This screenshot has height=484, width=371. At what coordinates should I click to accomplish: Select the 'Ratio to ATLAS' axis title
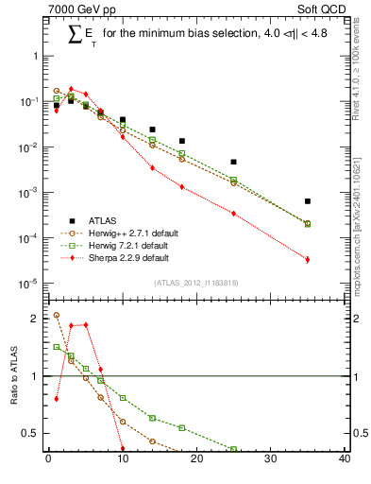[x=14, y=376]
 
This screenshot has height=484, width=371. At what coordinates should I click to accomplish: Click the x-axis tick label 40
[x=345, y=460]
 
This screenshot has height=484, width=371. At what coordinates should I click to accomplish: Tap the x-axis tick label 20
[x=196, y=460]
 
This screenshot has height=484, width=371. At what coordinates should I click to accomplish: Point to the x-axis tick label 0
[x=48, y=460]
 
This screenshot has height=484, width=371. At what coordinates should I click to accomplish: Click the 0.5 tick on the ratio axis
[x=30, y=433]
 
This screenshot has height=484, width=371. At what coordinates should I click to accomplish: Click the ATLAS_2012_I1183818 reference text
[x=194, y=283]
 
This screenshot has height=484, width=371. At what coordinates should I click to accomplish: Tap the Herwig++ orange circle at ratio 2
[x=56, y=315]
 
